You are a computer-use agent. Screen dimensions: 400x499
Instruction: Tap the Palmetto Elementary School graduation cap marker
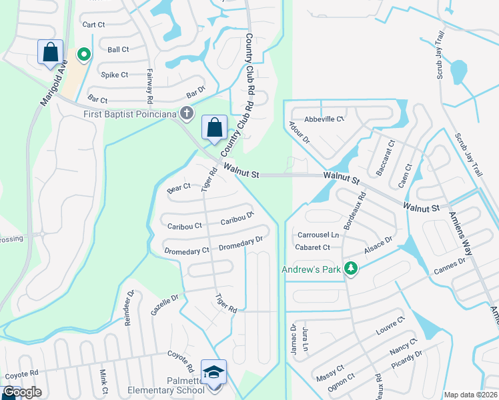213,372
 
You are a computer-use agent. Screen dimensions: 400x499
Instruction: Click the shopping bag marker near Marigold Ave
51,52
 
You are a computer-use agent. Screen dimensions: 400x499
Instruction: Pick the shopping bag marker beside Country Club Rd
214,127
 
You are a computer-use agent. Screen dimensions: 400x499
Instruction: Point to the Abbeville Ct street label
324,119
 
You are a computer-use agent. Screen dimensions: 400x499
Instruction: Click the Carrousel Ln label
318,235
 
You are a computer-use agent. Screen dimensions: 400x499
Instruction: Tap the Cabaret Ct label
313,247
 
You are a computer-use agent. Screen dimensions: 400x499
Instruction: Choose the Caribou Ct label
185,226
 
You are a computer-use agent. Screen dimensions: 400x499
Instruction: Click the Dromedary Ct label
187,251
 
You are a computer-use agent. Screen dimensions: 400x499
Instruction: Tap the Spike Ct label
114,75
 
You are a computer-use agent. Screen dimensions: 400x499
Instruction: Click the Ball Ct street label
118,49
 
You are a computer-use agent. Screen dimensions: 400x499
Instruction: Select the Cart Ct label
93,25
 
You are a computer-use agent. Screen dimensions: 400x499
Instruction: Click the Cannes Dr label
449,266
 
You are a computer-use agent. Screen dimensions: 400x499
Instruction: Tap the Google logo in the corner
22,392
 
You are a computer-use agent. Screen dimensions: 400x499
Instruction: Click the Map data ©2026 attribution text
470,395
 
